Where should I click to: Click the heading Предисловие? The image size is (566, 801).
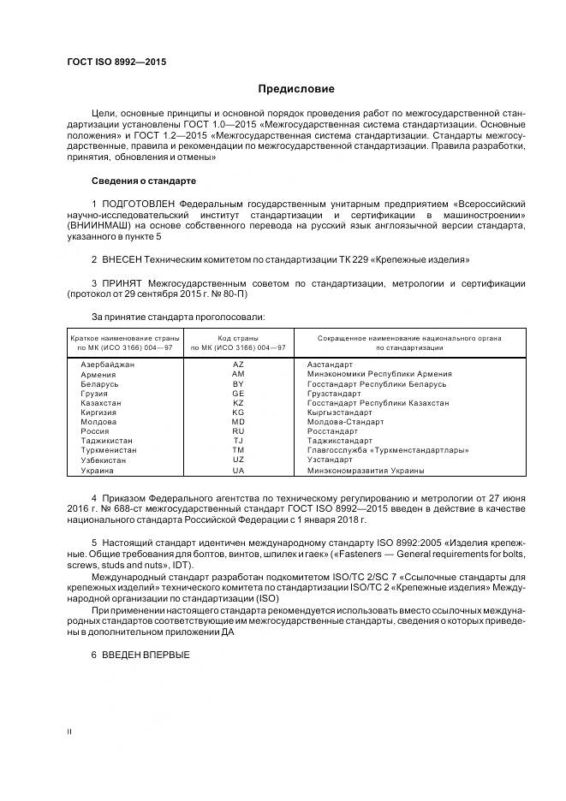(296, 89)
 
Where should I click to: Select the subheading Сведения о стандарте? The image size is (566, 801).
(144, 181)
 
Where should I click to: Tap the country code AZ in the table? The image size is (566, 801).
(238, 365)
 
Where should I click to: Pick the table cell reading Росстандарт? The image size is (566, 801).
(331, 431)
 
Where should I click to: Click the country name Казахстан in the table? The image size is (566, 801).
(101, 402)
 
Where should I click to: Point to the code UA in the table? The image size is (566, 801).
(238, 470)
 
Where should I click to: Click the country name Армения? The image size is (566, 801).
(98, 374)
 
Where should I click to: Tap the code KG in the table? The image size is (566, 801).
(238, 412)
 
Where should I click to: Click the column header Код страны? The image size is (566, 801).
(238, 338)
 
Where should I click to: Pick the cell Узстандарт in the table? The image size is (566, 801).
(329, 460)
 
